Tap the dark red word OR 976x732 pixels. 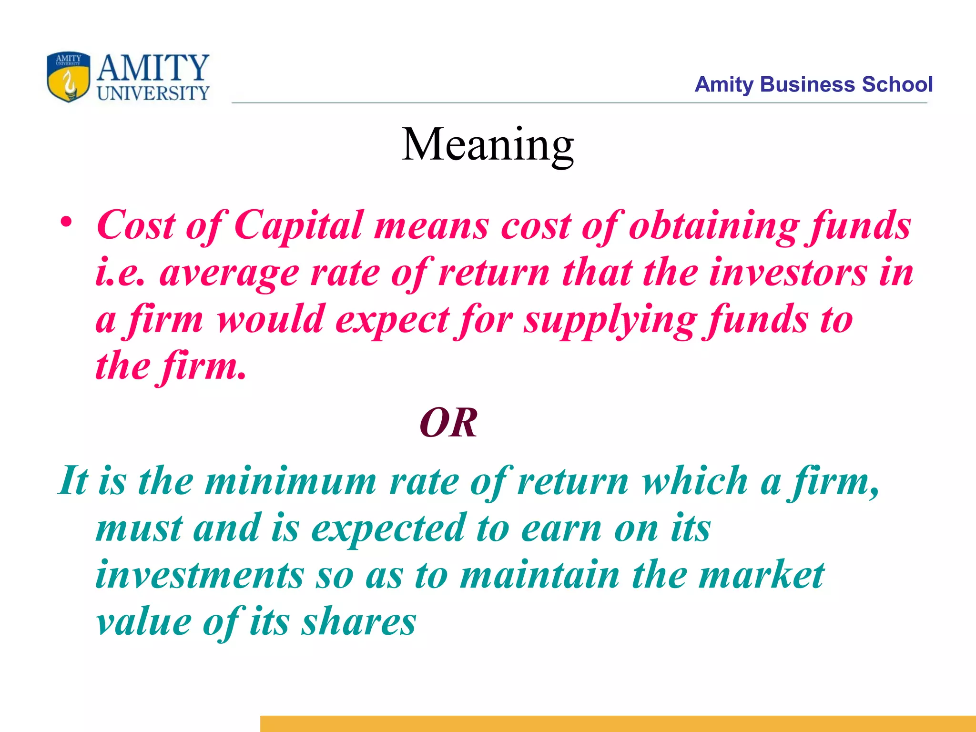[x=448, y=423]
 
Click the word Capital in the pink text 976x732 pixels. [x=298, y=225]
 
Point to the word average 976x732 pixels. [x=229, y=274]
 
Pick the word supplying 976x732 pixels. [x=610, y=320]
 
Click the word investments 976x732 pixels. [x=200, y=575]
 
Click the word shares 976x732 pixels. [x=359, y=622]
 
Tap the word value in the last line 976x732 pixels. [x=143, y=622]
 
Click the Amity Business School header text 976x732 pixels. [x=813, y=85]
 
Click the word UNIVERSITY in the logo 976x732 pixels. [x=153, y=93]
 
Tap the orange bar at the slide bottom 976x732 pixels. [x=618, y=723]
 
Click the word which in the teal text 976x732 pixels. [x=694, y=481]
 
